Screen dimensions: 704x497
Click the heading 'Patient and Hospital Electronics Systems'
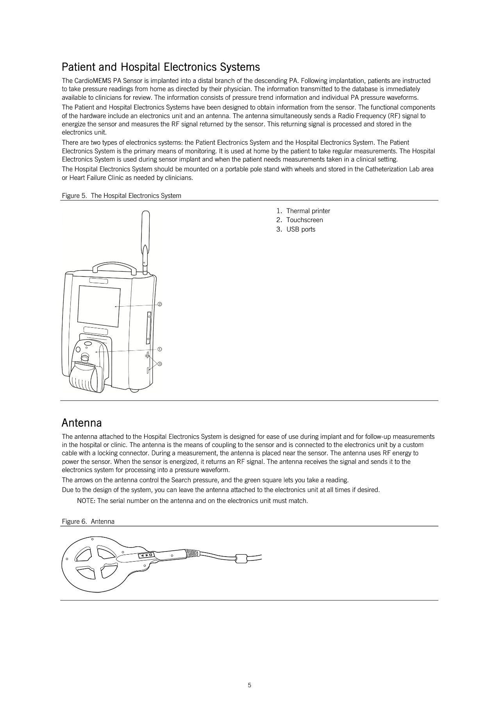click(161, 67)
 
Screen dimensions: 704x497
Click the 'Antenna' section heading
click(82, 423)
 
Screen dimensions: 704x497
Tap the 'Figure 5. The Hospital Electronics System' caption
click(122, 196)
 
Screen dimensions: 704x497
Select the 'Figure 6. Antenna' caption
click(88, 521)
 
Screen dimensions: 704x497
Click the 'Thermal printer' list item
click(308, 211)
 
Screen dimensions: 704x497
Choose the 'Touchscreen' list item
click(304, 220)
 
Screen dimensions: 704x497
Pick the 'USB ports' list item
click(300, 229)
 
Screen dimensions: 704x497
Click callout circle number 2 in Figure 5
click(159, 304)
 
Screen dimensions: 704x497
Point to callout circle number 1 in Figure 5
click(159, 349)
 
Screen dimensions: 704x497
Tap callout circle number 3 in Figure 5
click(159, 364)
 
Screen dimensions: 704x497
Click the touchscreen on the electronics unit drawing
click(99, 306)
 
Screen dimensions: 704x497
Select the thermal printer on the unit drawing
click(87, 366)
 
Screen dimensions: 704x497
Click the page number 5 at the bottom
click(249, 685)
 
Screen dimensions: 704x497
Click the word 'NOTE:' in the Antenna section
click(86, 501)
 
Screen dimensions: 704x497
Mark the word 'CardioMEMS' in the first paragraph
click(88, 81)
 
